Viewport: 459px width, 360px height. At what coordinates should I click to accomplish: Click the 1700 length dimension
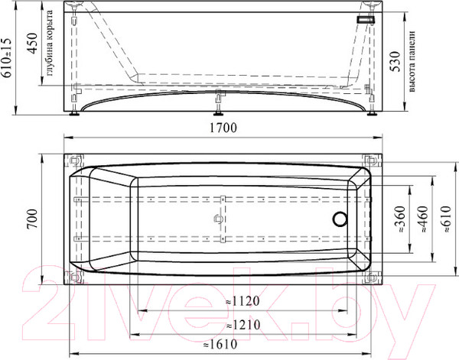coord(223,128)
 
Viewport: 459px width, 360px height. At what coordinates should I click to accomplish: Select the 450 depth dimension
coord(32,44)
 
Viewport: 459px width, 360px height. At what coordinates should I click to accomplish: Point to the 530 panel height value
coord(396,61)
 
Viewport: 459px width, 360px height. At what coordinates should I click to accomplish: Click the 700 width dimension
coord(32,219)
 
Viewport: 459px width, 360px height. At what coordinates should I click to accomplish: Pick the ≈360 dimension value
coord(400,219)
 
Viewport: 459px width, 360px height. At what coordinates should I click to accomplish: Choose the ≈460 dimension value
coord(424,219)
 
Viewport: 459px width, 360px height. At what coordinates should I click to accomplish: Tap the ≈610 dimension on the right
coord(447,219)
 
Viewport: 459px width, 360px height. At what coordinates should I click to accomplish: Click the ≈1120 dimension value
coord(243,301)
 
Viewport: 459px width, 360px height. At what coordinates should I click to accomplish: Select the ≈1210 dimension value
coord(243,325)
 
